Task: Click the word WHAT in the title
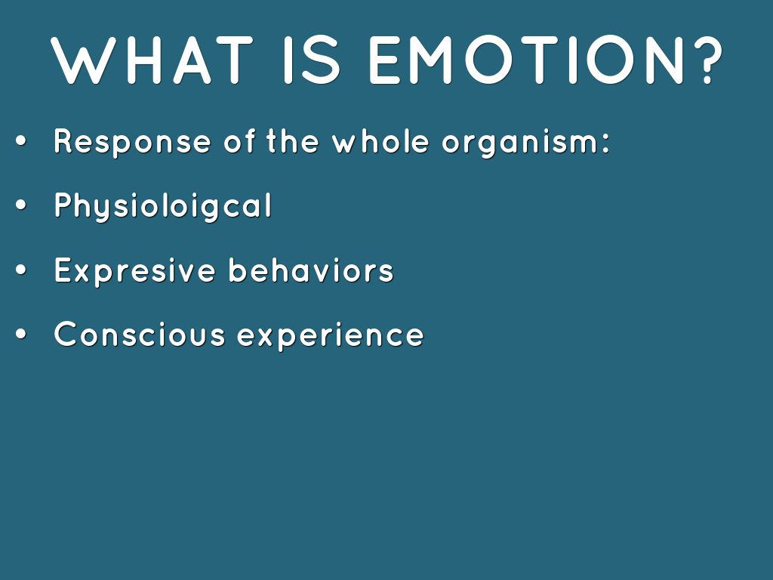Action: tap(151, 60)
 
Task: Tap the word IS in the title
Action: tap(312, 60)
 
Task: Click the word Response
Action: tap(133, 143)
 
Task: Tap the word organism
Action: tap(520, 143)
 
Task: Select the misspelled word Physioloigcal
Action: tap(163, 206)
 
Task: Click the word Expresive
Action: tap(135, 271)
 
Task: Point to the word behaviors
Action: tap(311, 270)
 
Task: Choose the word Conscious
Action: tap(140, 334)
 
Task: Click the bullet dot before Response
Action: tap(20, 141)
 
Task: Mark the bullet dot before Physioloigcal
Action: tap(20, 205)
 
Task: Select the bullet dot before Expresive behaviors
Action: tap(20, 270)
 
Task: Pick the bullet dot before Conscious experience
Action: tap(20, 334)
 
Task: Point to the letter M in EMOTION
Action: tap(429, 60)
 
